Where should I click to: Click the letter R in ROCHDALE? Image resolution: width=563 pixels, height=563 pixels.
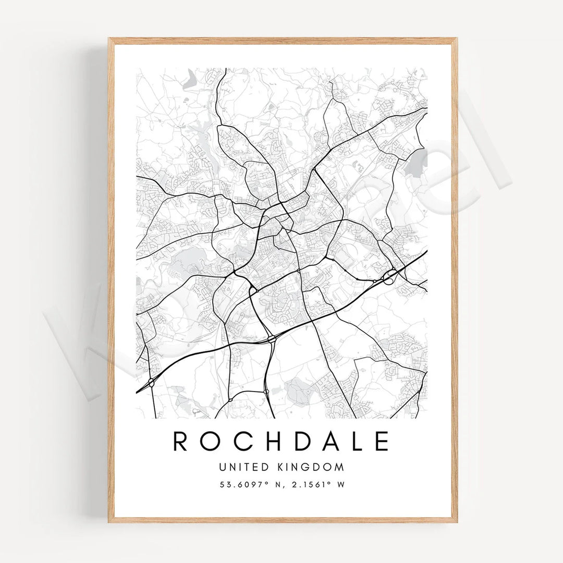[180, 441]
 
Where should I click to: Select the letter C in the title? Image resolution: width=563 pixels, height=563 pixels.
[239, 441]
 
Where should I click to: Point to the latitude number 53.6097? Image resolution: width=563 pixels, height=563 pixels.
[239, 484]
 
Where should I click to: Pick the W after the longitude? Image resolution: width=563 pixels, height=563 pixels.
[341, 484]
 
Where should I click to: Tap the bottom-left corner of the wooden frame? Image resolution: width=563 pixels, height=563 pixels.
[109, 521]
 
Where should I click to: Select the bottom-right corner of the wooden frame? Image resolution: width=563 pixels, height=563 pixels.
[457, 521]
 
